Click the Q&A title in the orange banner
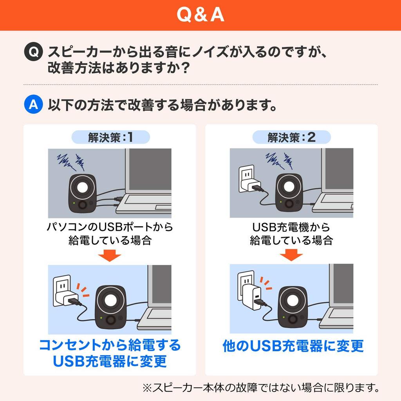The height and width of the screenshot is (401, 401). click(x=200, y=15)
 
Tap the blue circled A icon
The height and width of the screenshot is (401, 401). click(x=33, y=105)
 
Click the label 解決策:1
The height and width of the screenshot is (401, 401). click(x=110, y=137)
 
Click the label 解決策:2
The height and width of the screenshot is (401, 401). click(x=291, y=137)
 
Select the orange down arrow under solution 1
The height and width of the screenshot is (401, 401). click(x=109, y=255)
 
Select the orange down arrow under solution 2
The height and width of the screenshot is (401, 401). click(x=291, y=255)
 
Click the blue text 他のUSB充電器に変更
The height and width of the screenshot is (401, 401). click(x=293, y=346)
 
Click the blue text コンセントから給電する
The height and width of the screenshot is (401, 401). click(x=110, y=345)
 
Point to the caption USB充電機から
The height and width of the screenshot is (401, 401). click(x=291, y=227)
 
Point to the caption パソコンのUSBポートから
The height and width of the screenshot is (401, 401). click(x=110, y=227)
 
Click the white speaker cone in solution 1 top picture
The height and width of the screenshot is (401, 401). click(x=82, y=187)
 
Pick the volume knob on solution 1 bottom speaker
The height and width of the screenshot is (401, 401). click(x=111, y=320)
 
